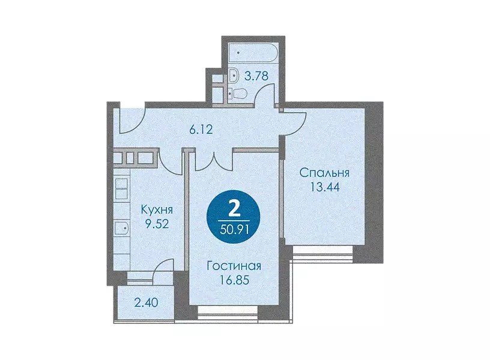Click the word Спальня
click(324, 173)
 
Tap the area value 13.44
click(325, 187)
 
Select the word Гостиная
click(234, 266)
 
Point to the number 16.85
click(234, 280)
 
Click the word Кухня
click(157, 209)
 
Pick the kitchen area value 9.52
click(157, 224)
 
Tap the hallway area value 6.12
click(201, 129)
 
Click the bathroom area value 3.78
click(256, 76)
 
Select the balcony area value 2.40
click(147, 302)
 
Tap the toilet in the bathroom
click(238, 93)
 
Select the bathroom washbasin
click(233, 75)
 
